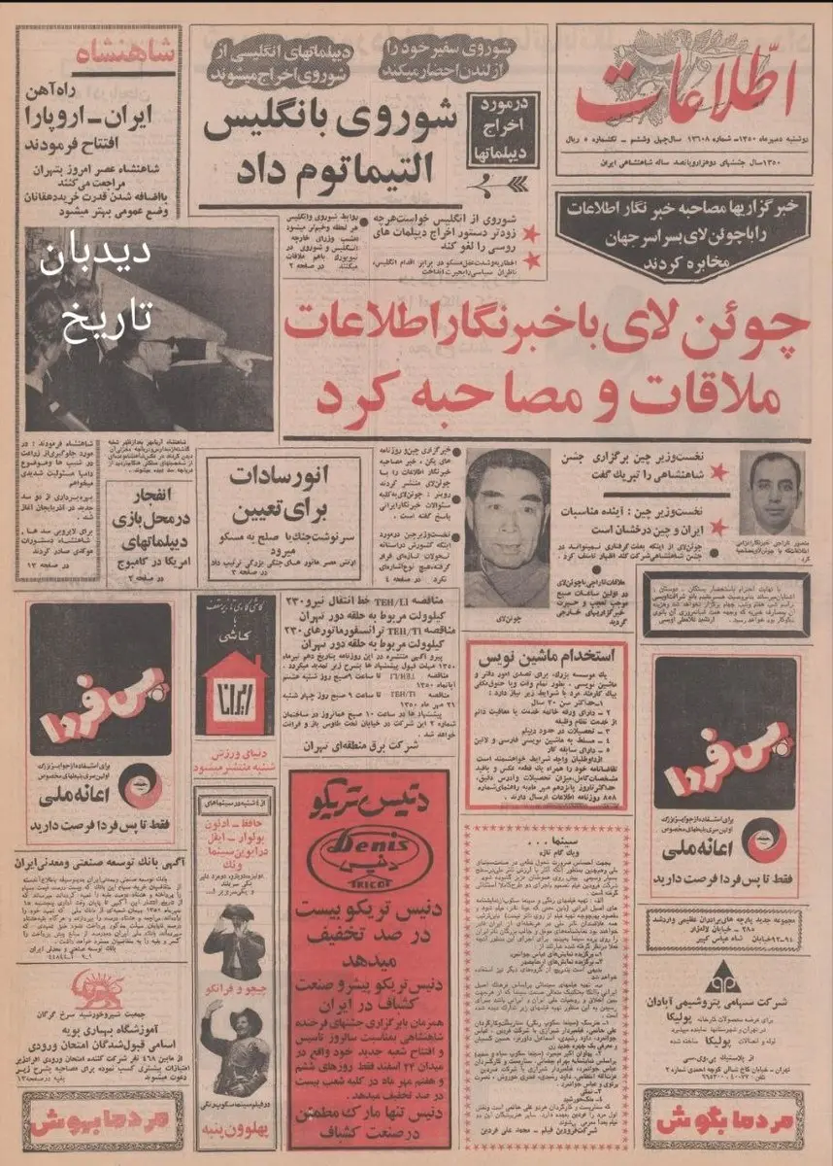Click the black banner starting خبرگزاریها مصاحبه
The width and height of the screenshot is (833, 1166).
683,223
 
